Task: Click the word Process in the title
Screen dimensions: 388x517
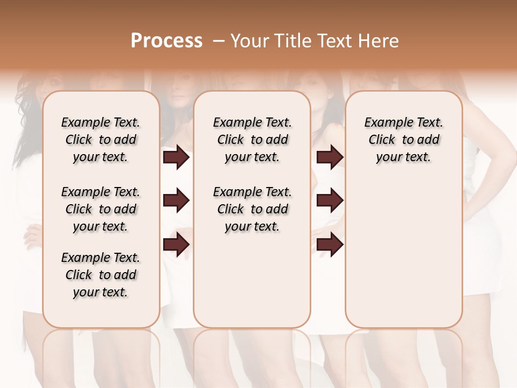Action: (x=166, y=41)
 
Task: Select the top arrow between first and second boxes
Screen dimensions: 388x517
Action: (x=176, y=157)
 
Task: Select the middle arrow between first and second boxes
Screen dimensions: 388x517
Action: (x=176, y=201)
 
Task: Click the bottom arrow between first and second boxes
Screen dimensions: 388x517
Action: (x=176, y=245)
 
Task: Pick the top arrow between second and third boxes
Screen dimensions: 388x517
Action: (x=330, y=157)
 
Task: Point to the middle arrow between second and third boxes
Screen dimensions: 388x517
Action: (x=330, y=201)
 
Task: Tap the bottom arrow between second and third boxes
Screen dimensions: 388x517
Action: (x=330, y=245)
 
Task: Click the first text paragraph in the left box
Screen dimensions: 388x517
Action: (x=101, y=140)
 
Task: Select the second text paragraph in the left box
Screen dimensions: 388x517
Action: (x=101, y=209)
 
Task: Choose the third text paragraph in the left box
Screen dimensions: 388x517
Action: (x=101, y=275)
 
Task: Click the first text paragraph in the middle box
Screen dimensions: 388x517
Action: (x=252, y=140)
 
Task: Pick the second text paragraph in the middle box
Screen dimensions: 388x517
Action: (x=252, y=209)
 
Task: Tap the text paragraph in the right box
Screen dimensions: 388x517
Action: (x=404, y=140)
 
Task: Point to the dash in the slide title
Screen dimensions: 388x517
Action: (x=219, y=41)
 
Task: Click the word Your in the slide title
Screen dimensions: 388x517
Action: (x=248, y=41)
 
